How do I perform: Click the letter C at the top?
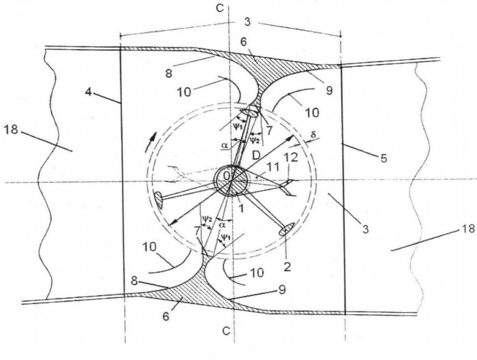point(219,8)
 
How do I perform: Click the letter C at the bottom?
point(226,331)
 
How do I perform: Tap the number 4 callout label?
point(88,92)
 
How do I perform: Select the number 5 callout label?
point(384,158)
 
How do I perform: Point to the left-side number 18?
point(12,130)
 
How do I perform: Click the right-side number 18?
point(469,228)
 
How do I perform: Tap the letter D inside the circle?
point(256,156)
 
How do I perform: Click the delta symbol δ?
point(313,134)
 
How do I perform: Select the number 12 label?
point(290,158)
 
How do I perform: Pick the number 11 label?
point(273,167)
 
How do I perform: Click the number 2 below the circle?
point(287,267)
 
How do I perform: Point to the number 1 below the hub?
point(241,209)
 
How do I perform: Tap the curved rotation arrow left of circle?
point(151,142)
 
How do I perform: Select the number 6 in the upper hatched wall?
point(243,42)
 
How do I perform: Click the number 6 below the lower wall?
point(166,316)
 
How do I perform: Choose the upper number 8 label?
point(169,74)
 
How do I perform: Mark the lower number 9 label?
point(282,290)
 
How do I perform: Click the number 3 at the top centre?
point(247,22)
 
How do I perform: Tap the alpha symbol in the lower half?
point(222,224)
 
